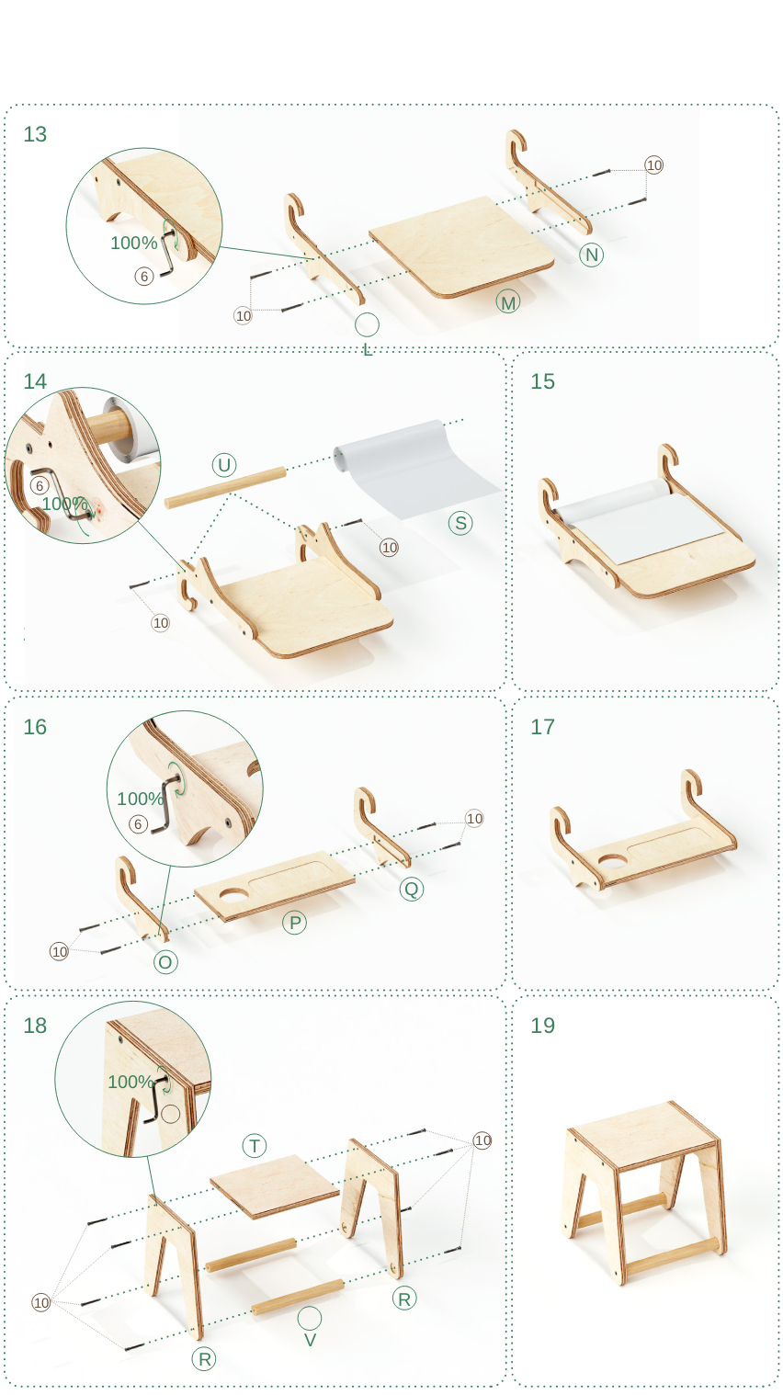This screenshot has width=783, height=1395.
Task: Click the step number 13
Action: (35, 134)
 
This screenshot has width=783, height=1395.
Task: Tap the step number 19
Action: (542, 1025)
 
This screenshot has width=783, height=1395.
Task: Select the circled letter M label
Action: (508, 302)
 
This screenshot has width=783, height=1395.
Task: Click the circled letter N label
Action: (591, 254)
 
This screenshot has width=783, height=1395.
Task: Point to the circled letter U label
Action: (224, 465)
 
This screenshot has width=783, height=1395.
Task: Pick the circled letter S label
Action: (460, 523)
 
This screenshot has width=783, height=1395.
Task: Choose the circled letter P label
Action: (295, 923)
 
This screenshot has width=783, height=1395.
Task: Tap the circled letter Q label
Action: (411, 888)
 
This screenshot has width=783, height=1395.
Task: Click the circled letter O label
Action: (165, 962)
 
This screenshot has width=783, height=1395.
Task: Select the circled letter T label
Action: (255, 1146)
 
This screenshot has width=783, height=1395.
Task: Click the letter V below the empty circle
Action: (310, 1340)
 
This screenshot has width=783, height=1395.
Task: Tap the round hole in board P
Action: (233, 896)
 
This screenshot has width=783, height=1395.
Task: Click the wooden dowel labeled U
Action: (225, 488)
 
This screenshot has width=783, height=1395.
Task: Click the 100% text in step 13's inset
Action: (134, 243)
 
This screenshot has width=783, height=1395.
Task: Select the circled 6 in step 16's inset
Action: (138, 824)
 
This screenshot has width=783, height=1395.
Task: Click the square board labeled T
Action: (275, 1185)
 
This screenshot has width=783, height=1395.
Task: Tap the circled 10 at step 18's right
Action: (482, 1140)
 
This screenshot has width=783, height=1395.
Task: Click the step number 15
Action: (542, 381)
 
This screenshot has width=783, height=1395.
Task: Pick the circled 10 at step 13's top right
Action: (653, 165)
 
